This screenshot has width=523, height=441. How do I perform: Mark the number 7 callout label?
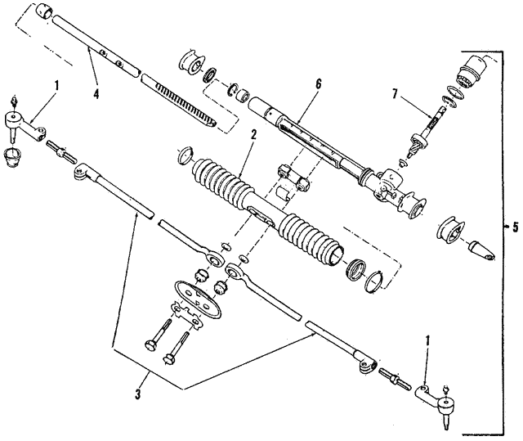click(395, 96)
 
